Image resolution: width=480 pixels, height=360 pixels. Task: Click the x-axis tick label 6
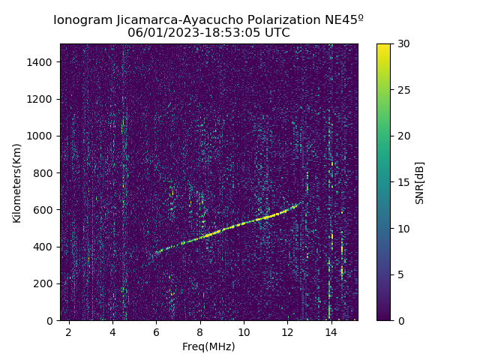tap(156, 331)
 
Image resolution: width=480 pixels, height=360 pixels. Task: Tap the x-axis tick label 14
tap(331, 331)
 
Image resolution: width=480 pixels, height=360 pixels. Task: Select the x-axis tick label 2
tap(69, 331)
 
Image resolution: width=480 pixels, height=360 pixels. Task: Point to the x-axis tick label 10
tap(244, 331)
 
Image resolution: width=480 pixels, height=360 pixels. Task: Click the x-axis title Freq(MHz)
tap(208, 346)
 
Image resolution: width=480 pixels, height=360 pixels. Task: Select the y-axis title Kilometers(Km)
tap(16, 182)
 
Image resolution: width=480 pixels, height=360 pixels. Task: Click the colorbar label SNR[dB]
tap(420, 182)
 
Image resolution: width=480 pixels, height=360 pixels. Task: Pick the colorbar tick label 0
tap(399, 320)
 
